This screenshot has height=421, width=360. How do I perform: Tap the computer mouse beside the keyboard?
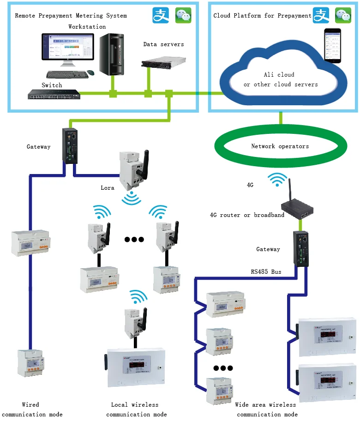pyautogui.click(x=91, y=73)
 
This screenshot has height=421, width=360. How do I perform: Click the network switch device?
pyautogui.click(x=54, y=95)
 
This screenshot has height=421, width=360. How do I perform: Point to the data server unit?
pyautogui.click(x=163, y=61)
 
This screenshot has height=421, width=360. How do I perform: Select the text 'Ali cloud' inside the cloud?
pyautogui.click(x=279, y=74)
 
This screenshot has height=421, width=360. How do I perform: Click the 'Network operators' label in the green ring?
pyautogui.click(x=280, y=146)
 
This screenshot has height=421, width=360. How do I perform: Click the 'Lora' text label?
pyautogui.click(x=108, y=188)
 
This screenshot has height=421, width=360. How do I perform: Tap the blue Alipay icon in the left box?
pyautogui.click(x=161, y=15)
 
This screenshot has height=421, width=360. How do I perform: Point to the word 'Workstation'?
pyautogui.click(x=87, y=27)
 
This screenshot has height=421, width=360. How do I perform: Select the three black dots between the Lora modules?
pyautogui.click(x=134, y=240)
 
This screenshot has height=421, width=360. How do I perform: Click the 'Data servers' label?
pyautogui.click(x=163, y=44)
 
